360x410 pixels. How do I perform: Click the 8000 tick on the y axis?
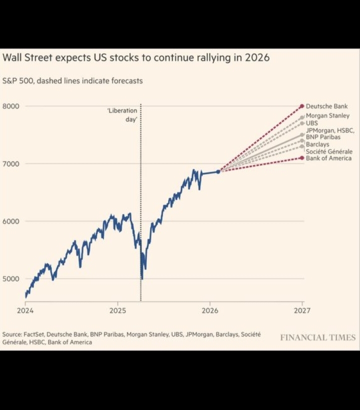10,106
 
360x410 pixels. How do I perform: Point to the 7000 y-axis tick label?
10,164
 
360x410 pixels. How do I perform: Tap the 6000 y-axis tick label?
10,221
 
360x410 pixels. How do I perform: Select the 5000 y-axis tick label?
10,279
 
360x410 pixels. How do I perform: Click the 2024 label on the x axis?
25,310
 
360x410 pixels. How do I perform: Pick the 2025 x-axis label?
117,310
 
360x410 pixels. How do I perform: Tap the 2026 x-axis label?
210,310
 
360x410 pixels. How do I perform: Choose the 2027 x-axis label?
302,310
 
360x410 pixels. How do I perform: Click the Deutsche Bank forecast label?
326,106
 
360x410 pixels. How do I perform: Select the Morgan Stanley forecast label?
327,116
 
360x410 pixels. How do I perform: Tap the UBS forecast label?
311,123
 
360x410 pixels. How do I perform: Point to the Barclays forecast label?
317,144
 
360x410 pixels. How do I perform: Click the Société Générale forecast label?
329,151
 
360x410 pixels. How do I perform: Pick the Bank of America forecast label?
328,158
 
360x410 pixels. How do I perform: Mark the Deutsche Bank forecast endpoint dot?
302,106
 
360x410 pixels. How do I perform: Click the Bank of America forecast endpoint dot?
302,158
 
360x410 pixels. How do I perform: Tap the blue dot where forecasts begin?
218,171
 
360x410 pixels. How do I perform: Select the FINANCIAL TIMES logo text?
317,337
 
